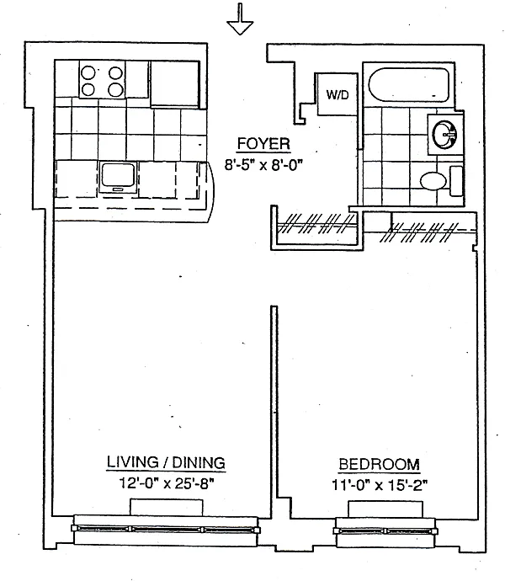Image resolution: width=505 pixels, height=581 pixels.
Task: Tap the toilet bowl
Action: [x=433, y=180]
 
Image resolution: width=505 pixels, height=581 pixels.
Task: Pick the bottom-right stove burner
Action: [x=113, y=91]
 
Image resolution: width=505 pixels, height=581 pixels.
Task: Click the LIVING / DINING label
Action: [x=165, y=463]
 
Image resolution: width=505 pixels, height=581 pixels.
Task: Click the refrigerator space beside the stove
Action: [x=175, y=81]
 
